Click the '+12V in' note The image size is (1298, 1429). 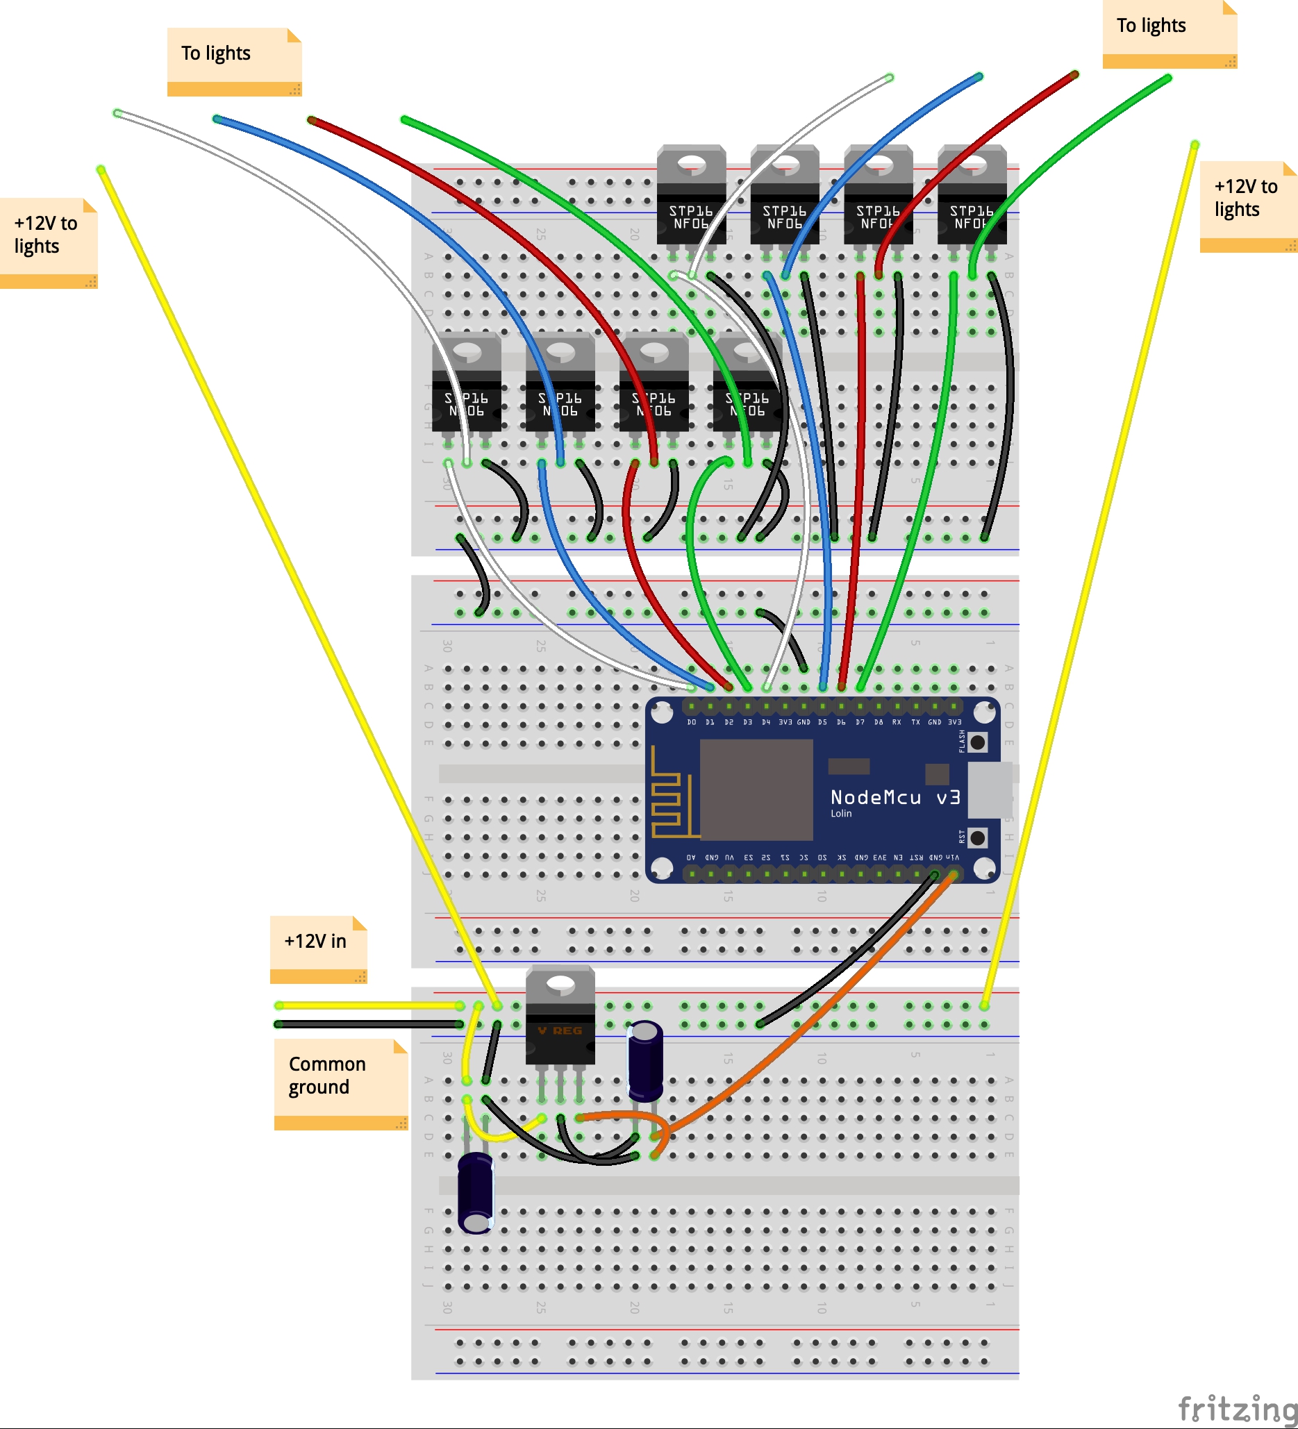click(x=318, y=949)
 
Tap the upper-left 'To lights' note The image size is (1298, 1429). click(x=234, y=61)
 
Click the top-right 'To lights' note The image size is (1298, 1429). click(x=1169, y=33)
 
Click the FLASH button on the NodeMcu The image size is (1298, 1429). click(x=977, y=742)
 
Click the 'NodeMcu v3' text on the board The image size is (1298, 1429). click(x=895, y=797)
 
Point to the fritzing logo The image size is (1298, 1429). click(x=1236, y=1407)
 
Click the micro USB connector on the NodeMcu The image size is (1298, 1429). click(x=990, y=789)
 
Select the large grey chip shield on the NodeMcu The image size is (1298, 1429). click(x=756, y=789)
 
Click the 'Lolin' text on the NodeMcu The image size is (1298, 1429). click(x=841, y=814)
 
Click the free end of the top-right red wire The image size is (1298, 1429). click(x=1074, y=74)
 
